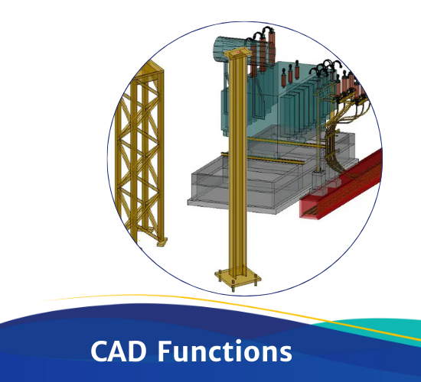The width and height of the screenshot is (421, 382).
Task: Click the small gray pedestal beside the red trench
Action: [x=318, y=180]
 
